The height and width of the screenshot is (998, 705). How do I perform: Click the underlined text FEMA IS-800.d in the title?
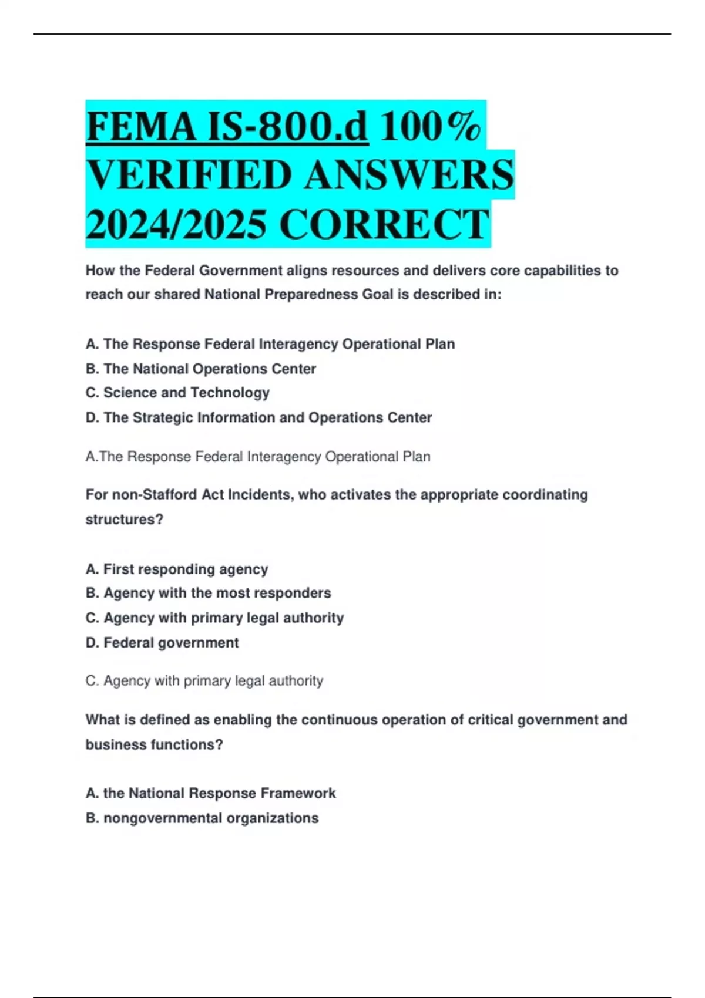click(227, 126)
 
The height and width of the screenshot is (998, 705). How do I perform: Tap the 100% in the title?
click(430, 126)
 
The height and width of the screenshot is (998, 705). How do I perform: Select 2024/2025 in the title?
click(176, 224)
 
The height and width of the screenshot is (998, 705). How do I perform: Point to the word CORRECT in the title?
click(384, 224)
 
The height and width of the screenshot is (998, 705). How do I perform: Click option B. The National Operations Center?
click(201, 369)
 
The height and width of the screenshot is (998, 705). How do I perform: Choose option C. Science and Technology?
click(177, 393)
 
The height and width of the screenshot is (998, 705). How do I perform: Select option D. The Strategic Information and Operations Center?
click(258, 417)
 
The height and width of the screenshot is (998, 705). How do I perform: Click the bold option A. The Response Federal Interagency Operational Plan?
click(270, 344)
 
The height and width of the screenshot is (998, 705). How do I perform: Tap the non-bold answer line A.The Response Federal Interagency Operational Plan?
click(258, 457)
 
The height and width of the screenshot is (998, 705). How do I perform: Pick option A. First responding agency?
click(177, 569)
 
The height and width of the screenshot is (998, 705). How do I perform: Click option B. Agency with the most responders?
click(208, 593)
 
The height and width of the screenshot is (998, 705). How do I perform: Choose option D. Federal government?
click(162, 643)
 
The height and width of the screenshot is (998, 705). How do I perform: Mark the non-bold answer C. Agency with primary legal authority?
click(204, 681)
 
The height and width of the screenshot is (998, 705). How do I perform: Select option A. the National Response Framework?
click(210, 793)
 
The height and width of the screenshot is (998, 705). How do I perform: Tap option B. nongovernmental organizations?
click(202, 818)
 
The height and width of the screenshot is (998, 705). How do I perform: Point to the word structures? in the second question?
click(124, 520)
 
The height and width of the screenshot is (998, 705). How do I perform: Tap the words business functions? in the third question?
click(154, 744)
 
